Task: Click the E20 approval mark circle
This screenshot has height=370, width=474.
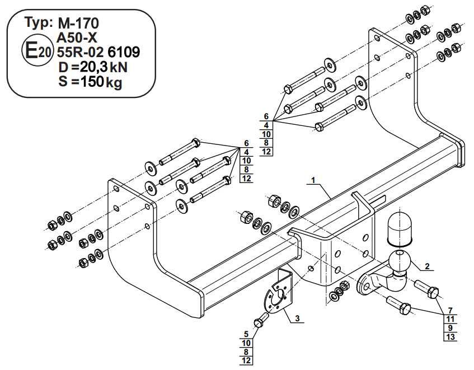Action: click(37, 51)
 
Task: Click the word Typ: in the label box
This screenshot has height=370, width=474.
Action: click(39, 24)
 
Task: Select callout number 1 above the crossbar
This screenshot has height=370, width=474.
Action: click(314, 180)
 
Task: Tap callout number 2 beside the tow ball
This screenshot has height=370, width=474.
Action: click(426, 266)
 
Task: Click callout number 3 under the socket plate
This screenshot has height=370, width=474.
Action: click(297, 319)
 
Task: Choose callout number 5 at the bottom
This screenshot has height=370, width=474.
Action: click(246, 334)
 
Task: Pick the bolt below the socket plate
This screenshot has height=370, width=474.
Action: click(260, 323)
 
